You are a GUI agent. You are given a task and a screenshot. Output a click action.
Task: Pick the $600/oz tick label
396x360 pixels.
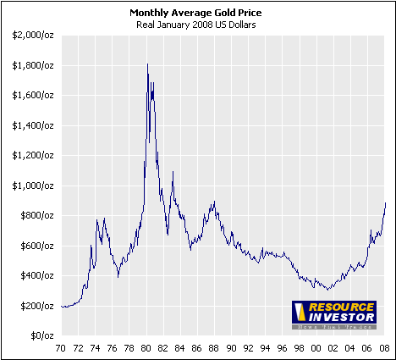coord(35,245)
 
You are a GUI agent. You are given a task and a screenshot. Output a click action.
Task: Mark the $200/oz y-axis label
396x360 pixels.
coord(35,305)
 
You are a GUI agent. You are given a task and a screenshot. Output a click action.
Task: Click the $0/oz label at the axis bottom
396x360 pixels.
coord(41,335)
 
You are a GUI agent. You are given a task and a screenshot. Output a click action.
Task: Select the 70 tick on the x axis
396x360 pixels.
coord(62,347)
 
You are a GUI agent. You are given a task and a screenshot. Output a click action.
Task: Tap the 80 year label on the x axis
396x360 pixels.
coord(147,347)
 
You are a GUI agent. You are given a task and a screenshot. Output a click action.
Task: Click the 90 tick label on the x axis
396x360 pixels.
coord(233,347)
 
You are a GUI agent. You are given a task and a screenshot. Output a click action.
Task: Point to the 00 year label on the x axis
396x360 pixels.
coord(318,347)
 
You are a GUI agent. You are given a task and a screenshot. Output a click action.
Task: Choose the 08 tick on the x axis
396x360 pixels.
coord(386,347)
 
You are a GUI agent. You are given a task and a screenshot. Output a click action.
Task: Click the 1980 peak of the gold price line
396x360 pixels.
coord(148,64)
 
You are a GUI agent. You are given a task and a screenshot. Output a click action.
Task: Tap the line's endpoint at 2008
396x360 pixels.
coord(386,202)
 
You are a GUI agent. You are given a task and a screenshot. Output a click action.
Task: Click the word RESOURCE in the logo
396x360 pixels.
coord(333,307)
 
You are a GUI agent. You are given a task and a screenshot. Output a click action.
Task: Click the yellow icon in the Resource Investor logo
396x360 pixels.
coord(299,313)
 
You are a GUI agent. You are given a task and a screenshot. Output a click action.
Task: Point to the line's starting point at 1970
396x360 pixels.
coord(62,307)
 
